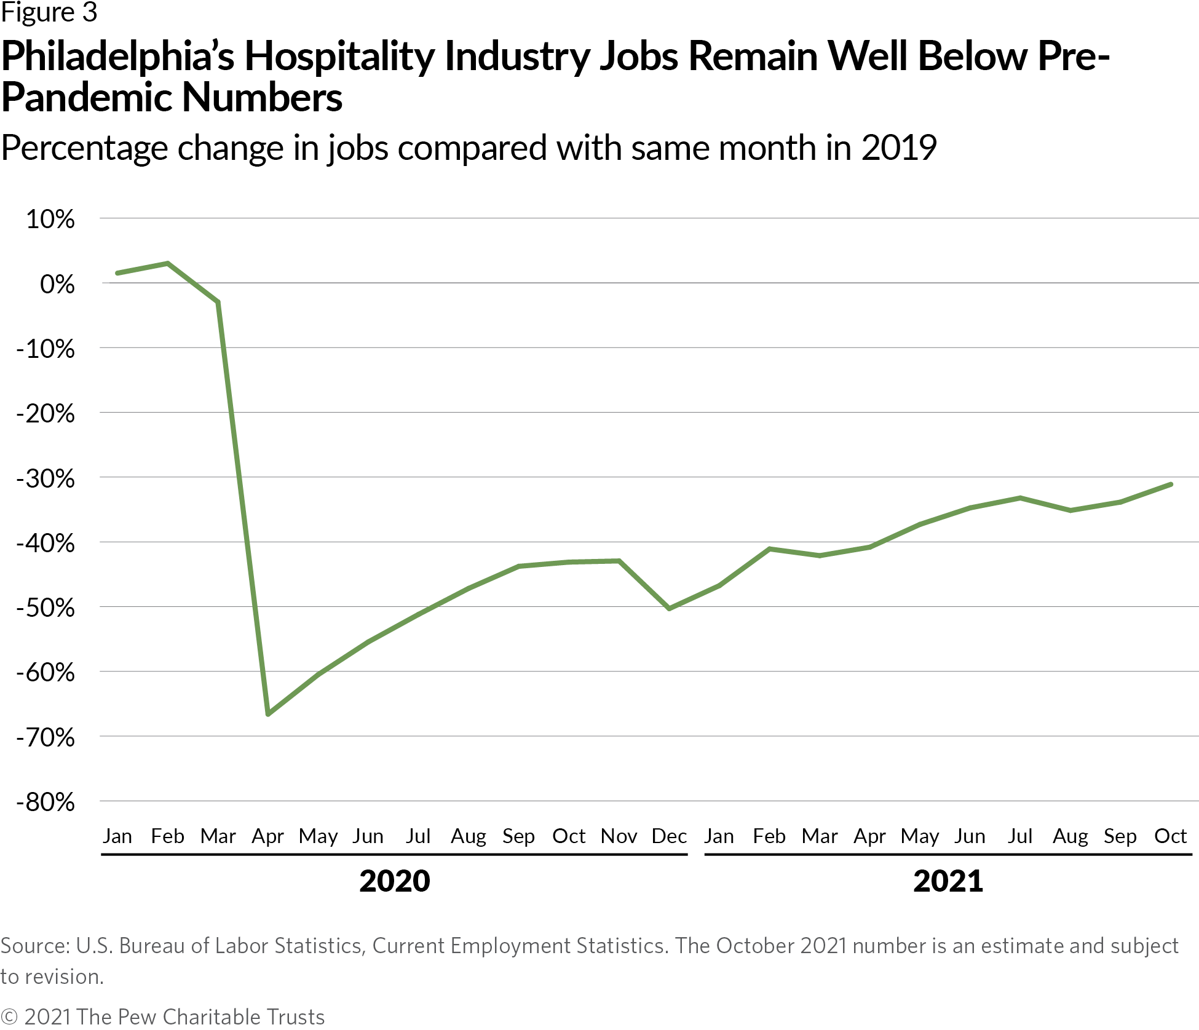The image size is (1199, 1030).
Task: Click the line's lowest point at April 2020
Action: click(268, 714)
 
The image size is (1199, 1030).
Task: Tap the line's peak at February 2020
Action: click(168, 264)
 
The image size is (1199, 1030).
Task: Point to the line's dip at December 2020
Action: click(669, 608)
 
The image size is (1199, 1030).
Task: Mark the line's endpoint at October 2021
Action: click(1171, 485)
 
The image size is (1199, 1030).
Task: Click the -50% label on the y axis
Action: click(46, 608)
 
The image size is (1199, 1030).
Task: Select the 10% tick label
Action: click(50, 220)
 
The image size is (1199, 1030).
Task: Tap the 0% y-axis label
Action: click(57, 285)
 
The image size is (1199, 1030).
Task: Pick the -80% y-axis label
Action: click(46, 802)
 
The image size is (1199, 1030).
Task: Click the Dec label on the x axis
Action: click(669, 836)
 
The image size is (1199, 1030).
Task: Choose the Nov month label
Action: click(619, 836)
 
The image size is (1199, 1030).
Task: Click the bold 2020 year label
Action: click(394, 881)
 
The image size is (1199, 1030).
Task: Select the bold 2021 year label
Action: click(948, 881)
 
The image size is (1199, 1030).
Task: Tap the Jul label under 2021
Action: click(1019, 836)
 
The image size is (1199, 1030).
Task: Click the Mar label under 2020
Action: click(218, 836)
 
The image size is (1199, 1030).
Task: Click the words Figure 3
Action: click(49, 12)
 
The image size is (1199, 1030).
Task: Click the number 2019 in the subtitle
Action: click(898, 148)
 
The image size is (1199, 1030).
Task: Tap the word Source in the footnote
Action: click(34, 945)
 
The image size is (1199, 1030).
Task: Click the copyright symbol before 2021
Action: click(9, 1016)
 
